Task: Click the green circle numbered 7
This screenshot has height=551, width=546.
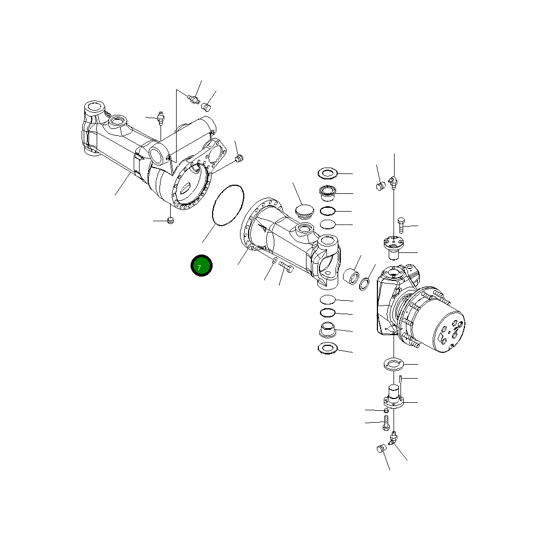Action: (202, 266)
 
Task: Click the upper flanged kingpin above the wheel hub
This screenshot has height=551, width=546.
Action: (395, 247)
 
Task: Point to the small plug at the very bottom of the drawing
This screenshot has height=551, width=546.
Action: (381, 449)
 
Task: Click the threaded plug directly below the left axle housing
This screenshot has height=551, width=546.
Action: (171, 220)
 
